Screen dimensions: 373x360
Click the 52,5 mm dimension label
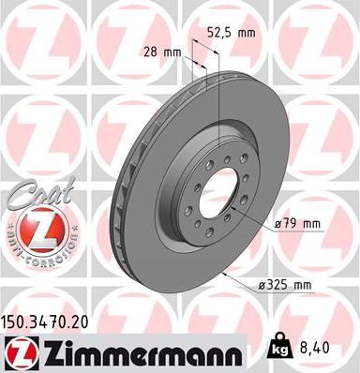(x=236, y=32)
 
